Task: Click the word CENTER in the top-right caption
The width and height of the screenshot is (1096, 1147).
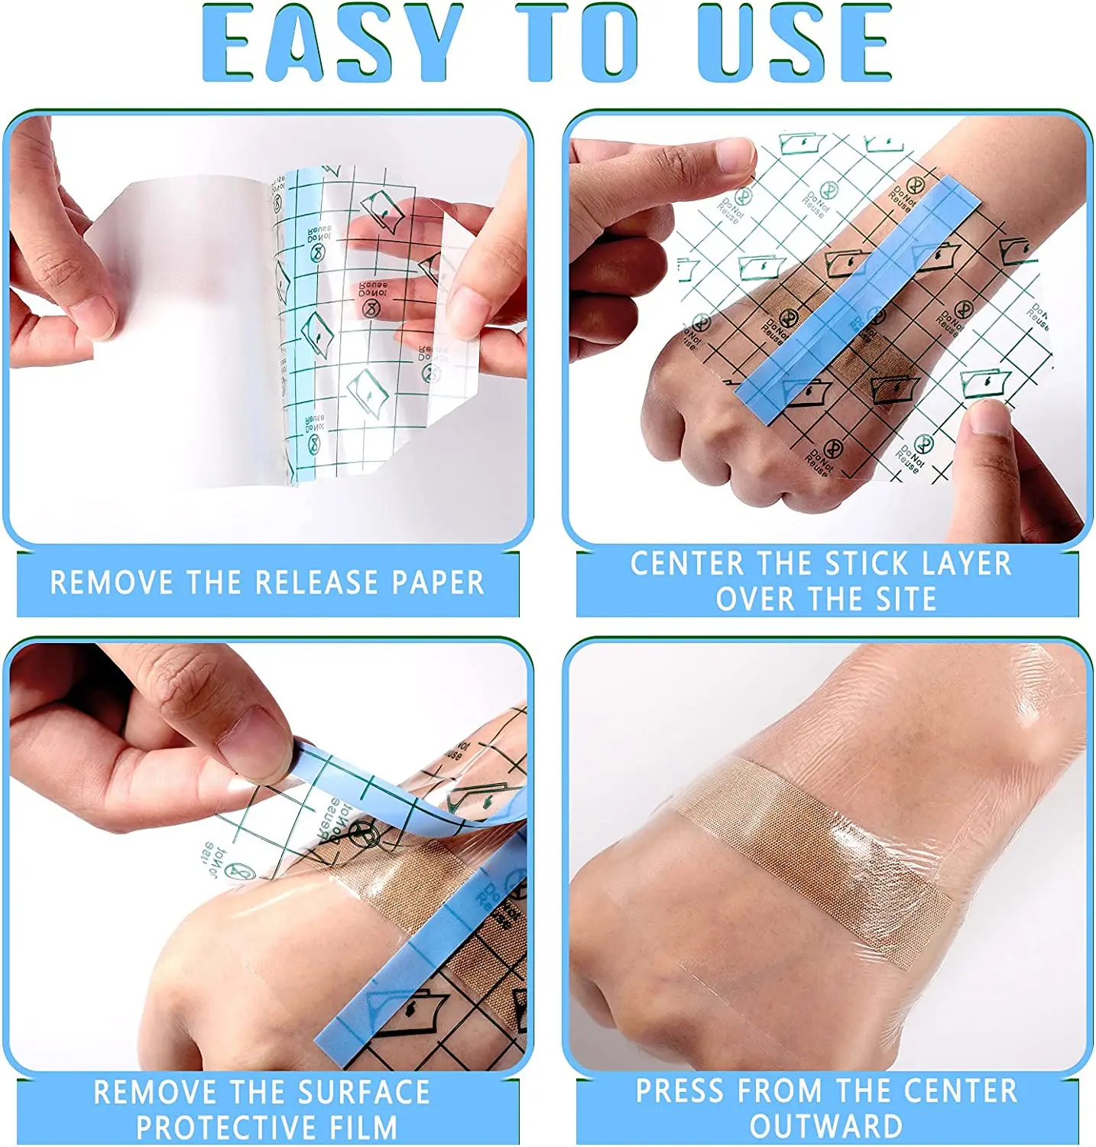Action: (686, 564)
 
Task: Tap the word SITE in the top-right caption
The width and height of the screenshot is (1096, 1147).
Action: (905, 599)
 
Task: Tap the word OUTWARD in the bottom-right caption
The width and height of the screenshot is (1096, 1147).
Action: (825, 1126)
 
